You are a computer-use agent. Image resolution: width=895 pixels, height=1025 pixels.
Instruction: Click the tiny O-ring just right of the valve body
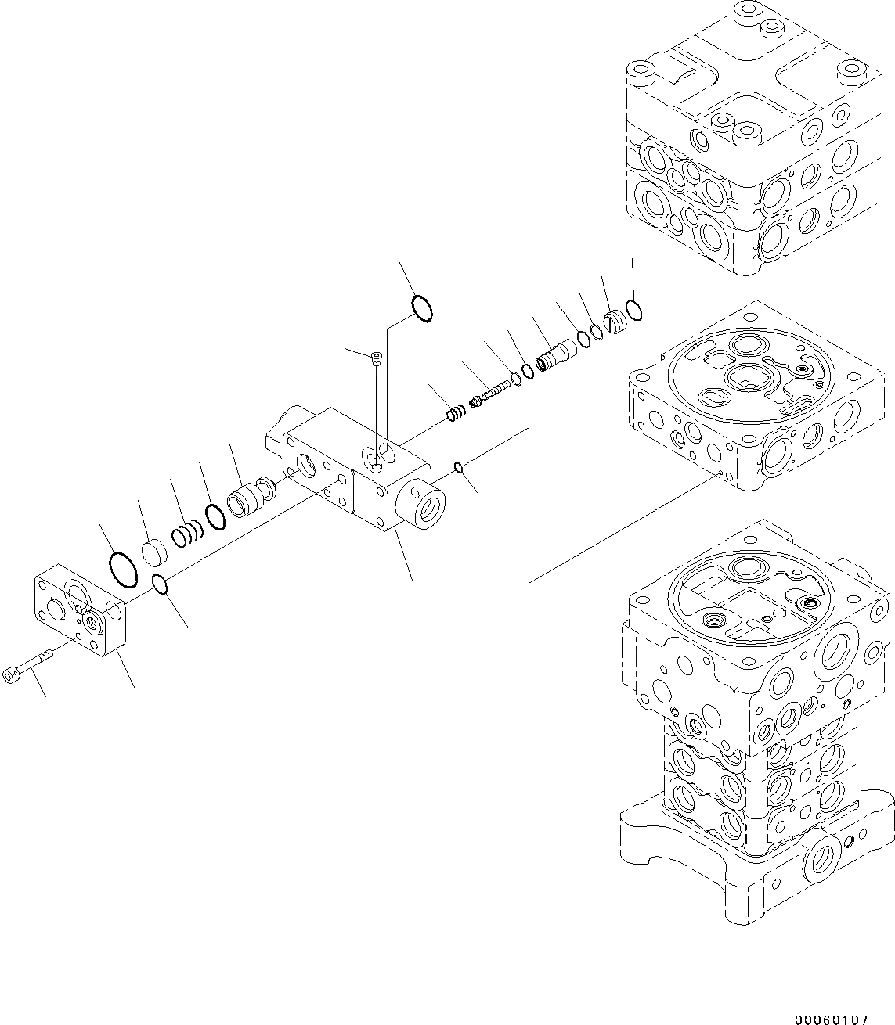[x=460, y=468]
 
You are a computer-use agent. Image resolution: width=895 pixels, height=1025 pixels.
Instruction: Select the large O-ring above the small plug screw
[x=421, y=306]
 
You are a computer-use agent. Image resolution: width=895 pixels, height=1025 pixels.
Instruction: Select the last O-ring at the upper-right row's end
[x=635, y=310]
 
